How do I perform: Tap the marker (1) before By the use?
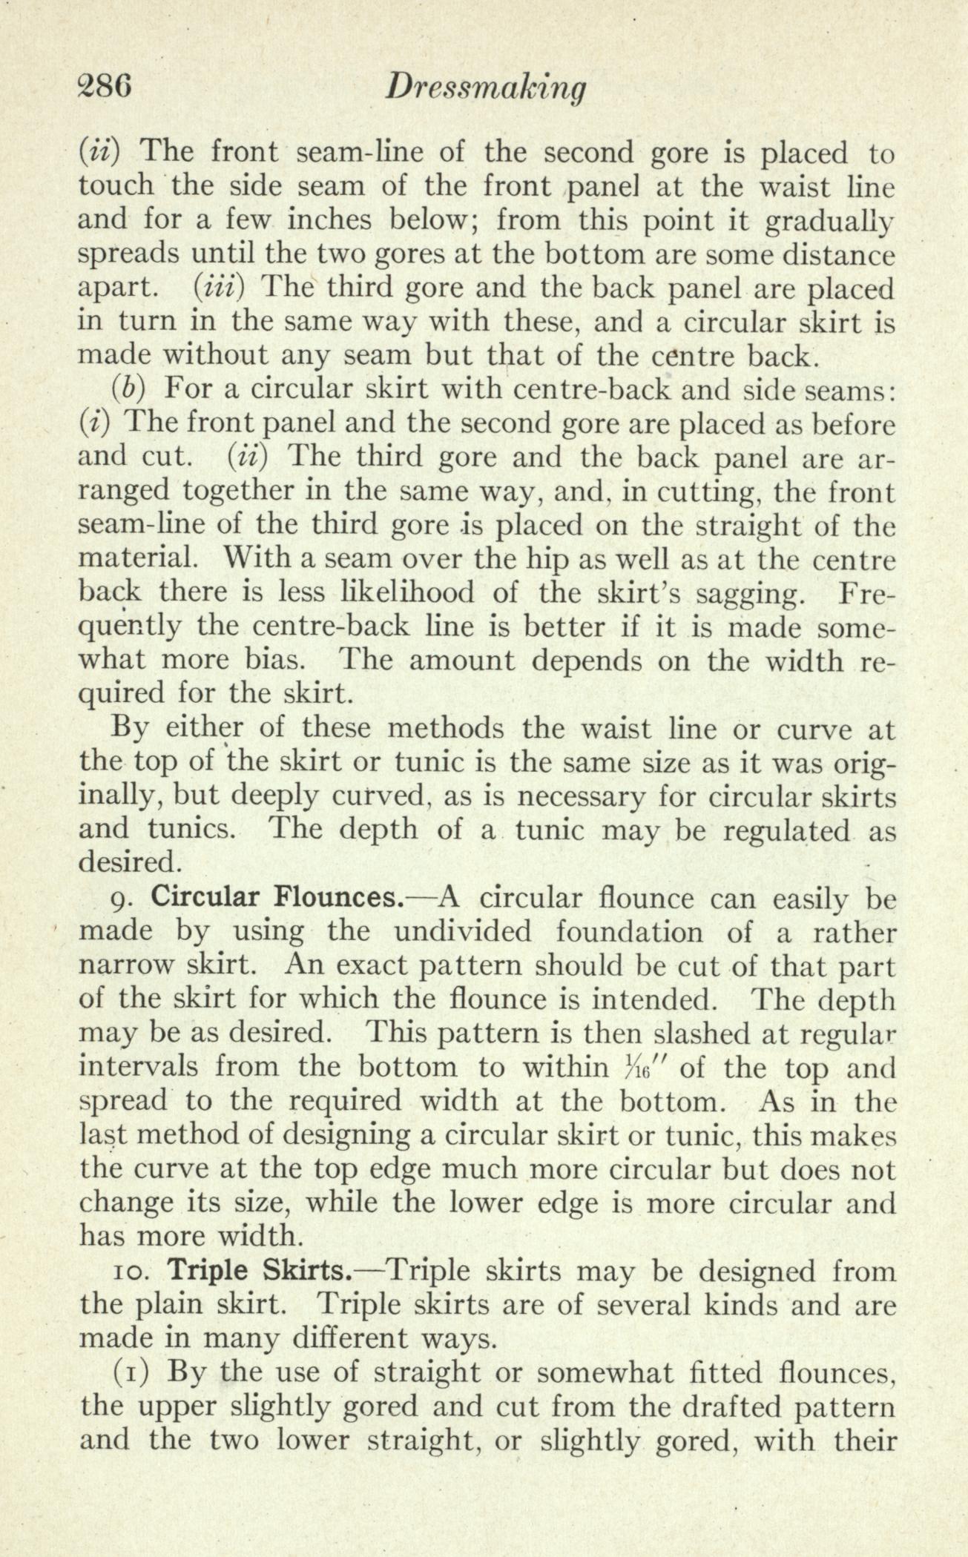(x=131, y=1373)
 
